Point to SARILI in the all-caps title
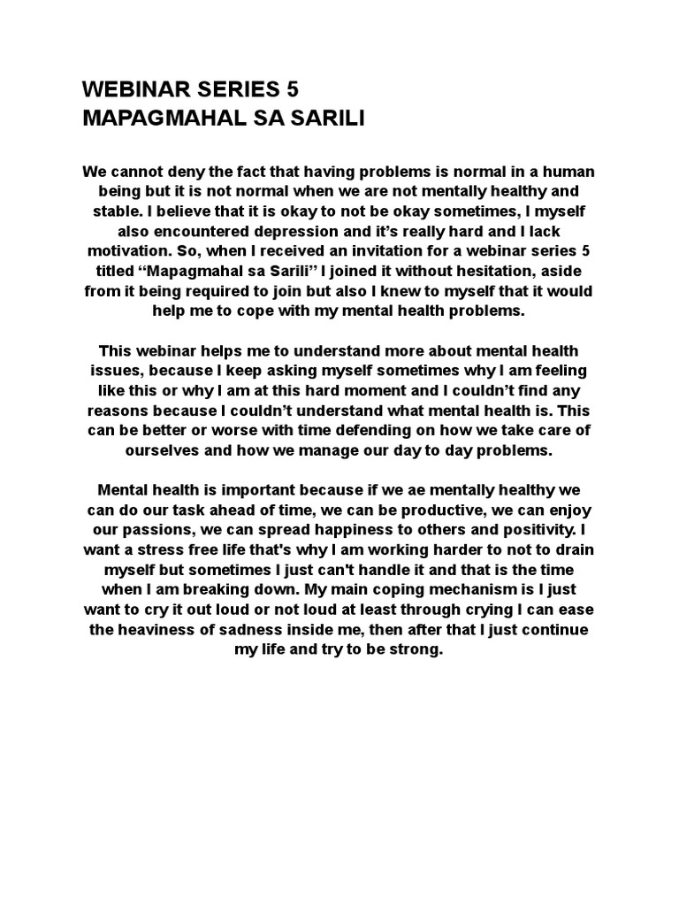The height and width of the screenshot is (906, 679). [x=329, y=119]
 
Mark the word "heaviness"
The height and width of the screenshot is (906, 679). [x=157, y=630]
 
